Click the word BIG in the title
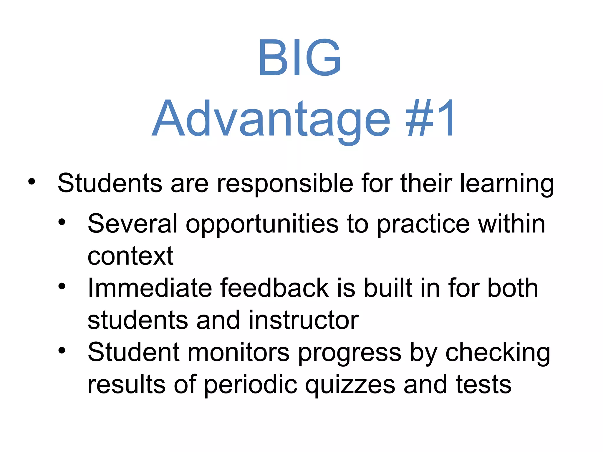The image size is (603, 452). click(300, 58)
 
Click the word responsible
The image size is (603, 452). click(285, 184)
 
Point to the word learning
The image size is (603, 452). click(506, 184)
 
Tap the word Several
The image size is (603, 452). click(132, 224)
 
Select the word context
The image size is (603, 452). click(130, 256)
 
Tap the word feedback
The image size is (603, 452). click(274, 288)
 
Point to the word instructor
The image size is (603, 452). click(304, 320)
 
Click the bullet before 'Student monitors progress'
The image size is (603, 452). click(62, 350)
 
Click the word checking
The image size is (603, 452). click(498, 353)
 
